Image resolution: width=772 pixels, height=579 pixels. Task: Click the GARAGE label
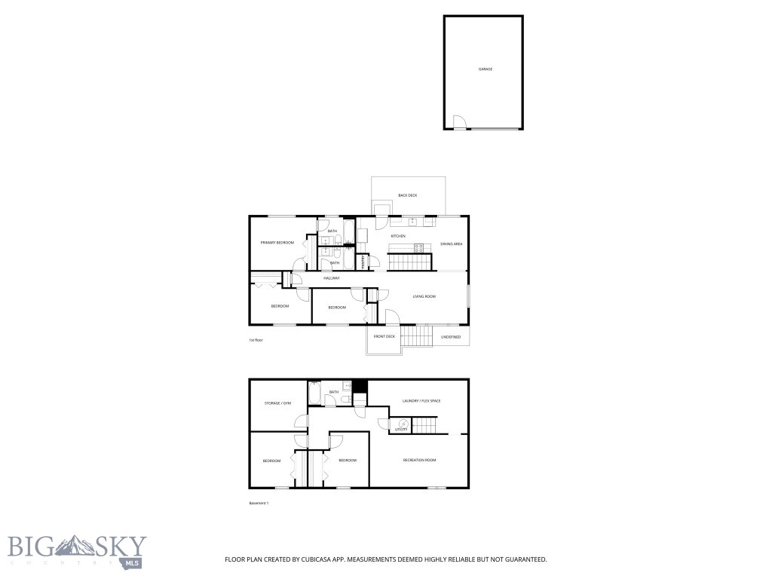pyautogui.click(x=485, y=69)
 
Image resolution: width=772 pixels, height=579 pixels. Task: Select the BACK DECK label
pyautogui.click(x=407, y=195)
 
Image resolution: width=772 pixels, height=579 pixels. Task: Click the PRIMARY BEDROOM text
pyautogui.click(x=277, y=243)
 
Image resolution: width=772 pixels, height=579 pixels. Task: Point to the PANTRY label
pyautogui.click(x=363, y=262)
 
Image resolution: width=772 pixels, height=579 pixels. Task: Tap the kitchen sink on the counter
pyautogui.click(x=412, y=222)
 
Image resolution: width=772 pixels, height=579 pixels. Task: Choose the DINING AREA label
pyautogui.click(x=451, y=244)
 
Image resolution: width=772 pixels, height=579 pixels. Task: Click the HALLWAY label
pyautogui.click(x=332, y=278)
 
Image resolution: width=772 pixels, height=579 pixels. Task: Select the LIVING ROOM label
pyautogui.click(x=424, y=296)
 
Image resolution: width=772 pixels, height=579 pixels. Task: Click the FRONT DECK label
pyautogui.click(x=384, y=336)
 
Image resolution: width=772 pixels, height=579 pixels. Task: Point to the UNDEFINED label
pyautogui.click(x=450, y=337)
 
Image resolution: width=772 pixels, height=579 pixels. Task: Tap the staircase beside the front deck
pyautogui.click(x=414, y=335)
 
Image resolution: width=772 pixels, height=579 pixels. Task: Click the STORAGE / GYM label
pyautogui.click(x=277, y=403)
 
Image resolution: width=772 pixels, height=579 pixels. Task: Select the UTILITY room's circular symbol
pyautogui.click(x=403, y=424)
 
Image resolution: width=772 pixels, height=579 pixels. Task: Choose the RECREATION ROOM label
pyautogui.click(x=419, y=460)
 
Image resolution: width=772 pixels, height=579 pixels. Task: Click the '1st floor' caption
pyautogui.click(x=256, y=340)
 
